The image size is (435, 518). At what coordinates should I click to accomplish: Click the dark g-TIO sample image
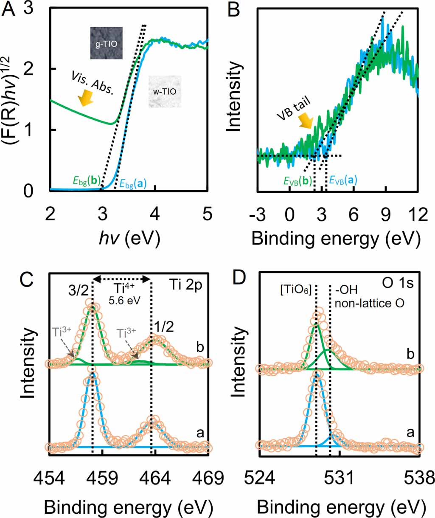(106, 43)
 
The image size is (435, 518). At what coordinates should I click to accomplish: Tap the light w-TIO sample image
(165, 91)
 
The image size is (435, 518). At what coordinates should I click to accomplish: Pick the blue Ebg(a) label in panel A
(133, 184)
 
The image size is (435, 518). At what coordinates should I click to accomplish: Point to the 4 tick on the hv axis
(155, 214)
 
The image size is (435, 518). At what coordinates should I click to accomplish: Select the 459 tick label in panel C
(102, 478)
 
